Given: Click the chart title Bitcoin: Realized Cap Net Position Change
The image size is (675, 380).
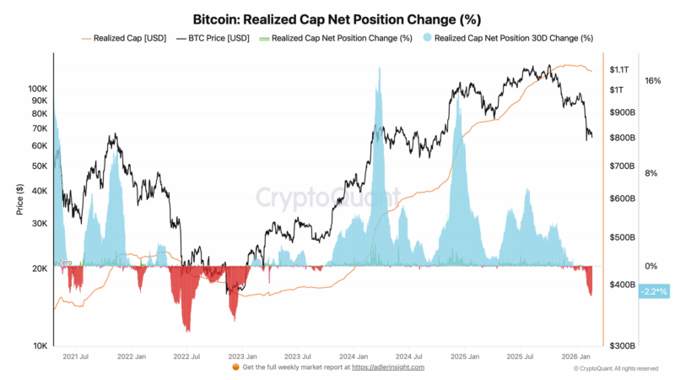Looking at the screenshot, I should click(337, 18).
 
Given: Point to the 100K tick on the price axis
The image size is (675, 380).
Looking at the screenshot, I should click(38, 88).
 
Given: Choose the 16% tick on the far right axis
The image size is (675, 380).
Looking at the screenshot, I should click(652, 81).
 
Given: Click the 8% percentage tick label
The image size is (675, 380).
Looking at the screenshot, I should click(651, 173).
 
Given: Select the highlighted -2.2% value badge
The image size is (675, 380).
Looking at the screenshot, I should click(653, 291).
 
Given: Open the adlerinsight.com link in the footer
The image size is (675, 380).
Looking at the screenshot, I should click(388, 368).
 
